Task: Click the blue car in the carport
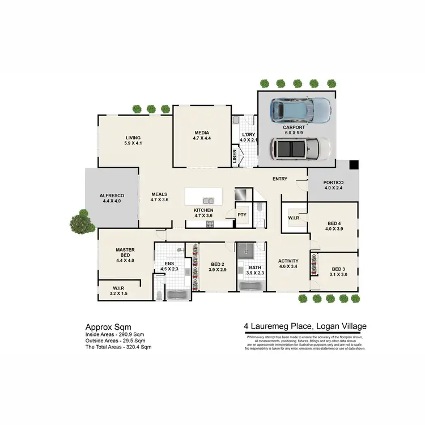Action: click(x=300, y=110)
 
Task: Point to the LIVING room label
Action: click(x=133, y=138)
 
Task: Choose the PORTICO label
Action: click(x=333, y=182)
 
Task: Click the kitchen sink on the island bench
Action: click(x=207, y=200)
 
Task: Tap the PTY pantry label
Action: click(x=242, y=215)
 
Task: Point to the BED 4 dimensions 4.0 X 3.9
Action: click(x=333, y=229)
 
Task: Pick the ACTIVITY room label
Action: click(x=288, y=261)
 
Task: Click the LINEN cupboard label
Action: click(x=235, y=156)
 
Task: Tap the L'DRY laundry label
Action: click(x=248, y=134)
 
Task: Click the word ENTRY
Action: click(x=280, y=179)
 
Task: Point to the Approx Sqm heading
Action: click(x=108, y=327)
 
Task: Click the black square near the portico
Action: click(x=354, y=165)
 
